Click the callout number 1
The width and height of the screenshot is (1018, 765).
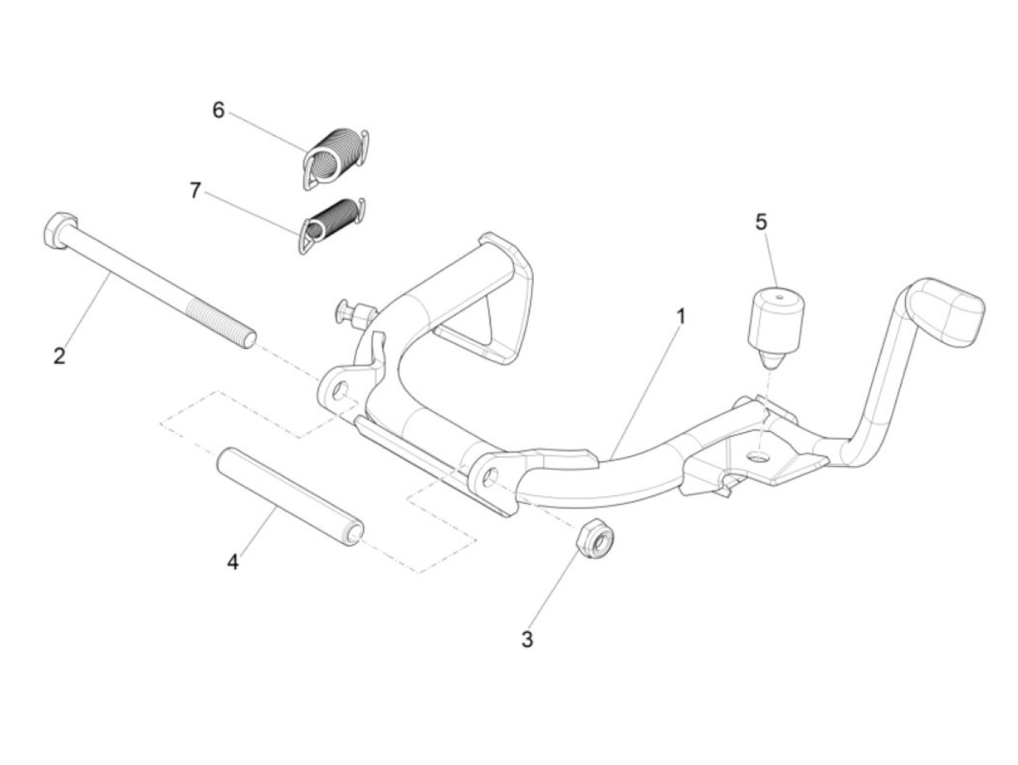pos(681,317)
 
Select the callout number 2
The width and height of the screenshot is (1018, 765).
pos(60,356)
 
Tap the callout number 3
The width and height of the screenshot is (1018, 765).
pos(527,640)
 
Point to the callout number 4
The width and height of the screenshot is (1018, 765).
pos(233,562)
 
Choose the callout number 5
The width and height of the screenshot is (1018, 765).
pos(761,222)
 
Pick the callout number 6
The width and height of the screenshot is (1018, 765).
pos(218,110)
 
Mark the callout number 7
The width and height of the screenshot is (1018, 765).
pos(195,191)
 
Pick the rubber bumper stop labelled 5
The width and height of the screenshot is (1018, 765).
pos(774,324)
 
